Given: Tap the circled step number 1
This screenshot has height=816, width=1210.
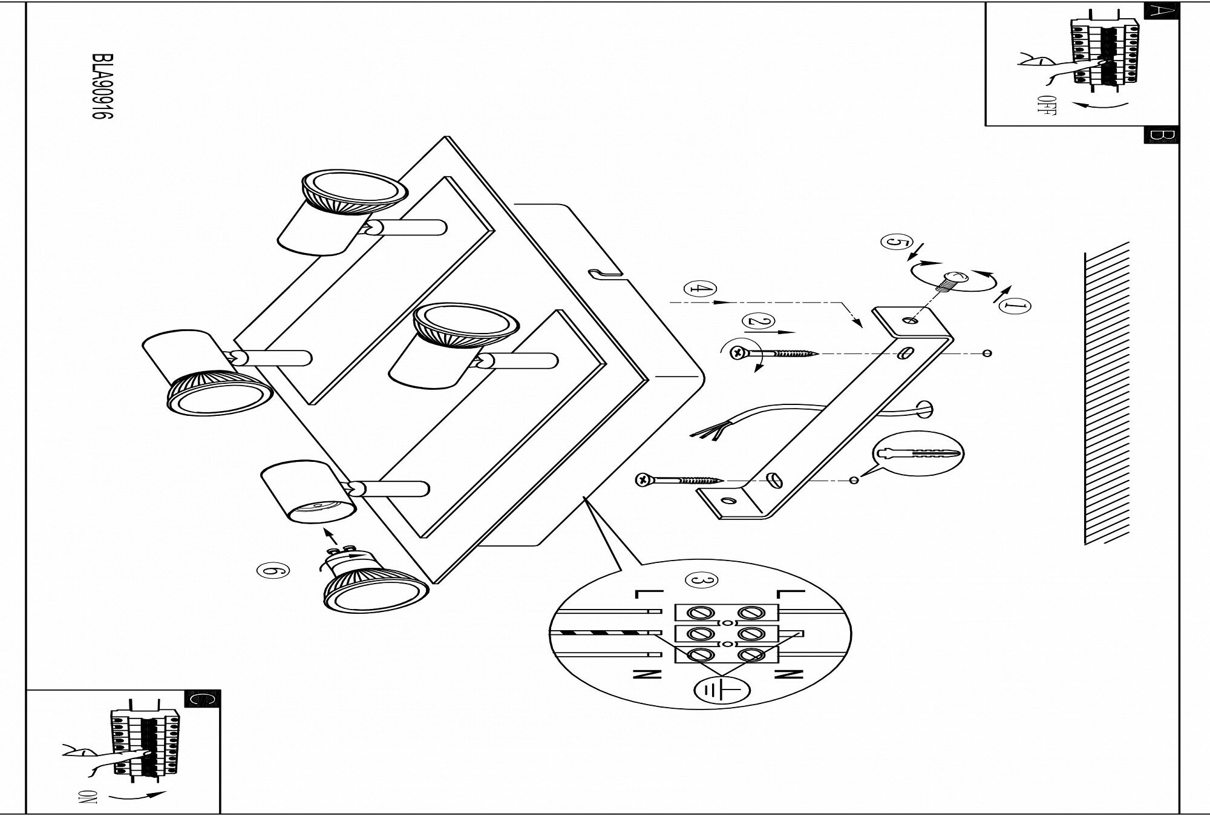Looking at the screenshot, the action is (x=1015, y=307).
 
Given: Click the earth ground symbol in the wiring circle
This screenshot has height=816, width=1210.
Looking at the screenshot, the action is (x=722, y=689).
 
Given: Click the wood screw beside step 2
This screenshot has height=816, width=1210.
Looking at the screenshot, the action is (x=774, y=352).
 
